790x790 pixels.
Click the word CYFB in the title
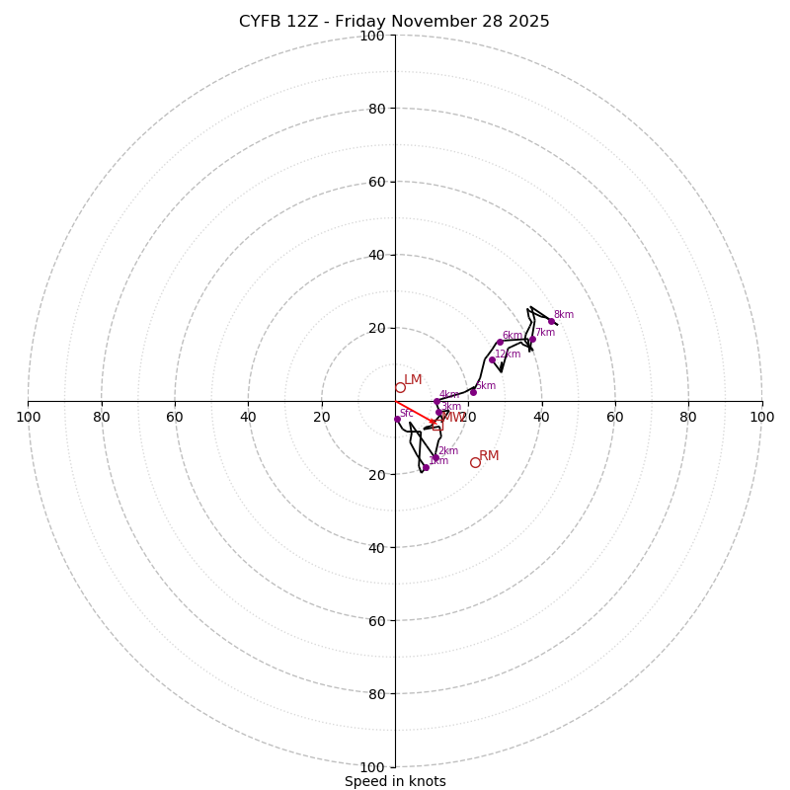260,22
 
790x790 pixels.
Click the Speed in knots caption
395,781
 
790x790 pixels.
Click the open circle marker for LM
400,387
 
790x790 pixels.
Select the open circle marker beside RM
475,462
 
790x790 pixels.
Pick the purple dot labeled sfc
397,419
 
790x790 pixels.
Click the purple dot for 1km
426,467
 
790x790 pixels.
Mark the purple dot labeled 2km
434,457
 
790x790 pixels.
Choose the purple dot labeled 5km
473,392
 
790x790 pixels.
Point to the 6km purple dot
500,342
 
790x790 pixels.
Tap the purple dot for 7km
532,339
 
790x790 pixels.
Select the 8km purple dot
551,321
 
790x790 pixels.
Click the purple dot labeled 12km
492,359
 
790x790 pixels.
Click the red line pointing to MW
413,411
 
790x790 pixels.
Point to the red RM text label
489,456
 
